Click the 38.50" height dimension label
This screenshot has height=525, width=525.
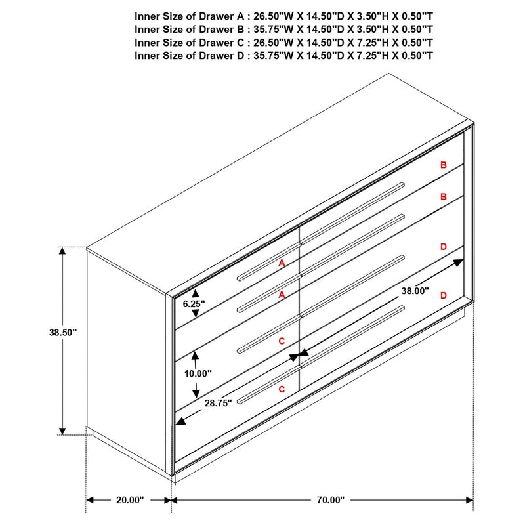(x=63, y=333)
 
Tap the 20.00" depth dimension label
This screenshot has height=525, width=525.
(x=129, y=500)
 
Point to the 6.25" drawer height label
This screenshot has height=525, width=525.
(x=194, y=304)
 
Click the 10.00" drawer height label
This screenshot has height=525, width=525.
(x=198, y=373)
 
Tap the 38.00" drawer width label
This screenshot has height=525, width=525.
(x=415, y=291)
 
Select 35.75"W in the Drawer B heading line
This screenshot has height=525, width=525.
(x=272, y=30)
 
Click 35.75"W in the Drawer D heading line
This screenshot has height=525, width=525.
(x=272, y=56)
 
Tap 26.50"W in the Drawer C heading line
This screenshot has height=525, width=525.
(x=272, y=43)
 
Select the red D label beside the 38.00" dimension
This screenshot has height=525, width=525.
(x=444, y=296)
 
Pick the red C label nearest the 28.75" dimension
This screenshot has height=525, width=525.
(x=282, y=389)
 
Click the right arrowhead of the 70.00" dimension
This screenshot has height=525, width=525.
(x=469, y=500)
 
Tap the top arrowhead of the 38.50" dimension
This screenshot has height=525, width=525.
(x=63, y=251)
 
